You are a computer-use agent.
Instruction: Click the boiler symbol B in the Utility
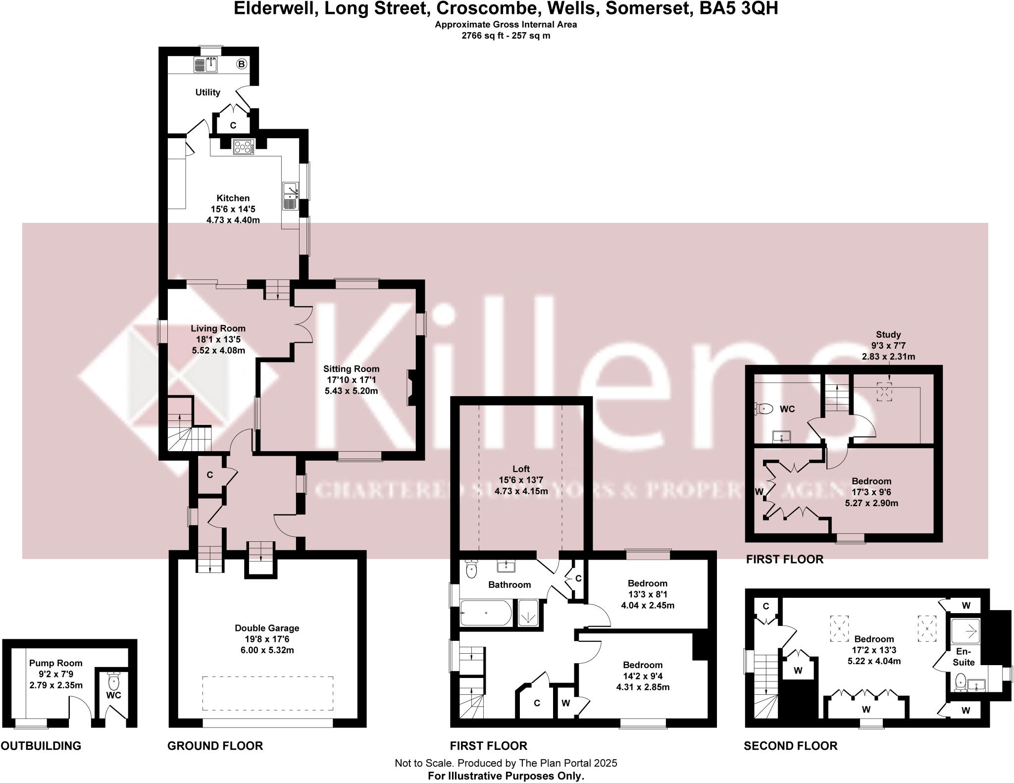241,64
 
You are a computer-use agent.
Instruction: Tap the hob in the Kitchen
244,146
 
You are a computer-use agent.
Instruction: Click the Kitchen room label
233,198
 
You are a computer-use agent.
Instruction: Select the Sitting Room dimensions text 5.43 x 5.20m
351,391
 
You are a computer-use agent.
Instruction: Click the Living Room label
218,328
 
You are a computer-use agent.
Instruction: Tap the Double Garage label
267,628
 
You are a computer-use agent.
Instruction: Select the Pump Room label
55,663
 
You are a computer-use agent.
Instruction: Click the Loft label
521,469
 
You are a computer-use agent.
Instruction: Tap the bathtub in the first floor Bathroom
486,613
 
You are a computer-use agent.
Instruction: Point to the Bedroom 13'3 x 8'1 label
647,583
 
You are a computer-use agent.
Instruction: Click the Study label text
888,334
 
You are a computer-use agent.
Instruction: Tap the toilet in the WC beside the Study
764,409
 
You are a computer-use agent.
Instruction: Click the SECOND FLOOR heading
790,746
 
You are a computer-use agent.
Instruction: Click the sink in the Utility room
211,64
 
